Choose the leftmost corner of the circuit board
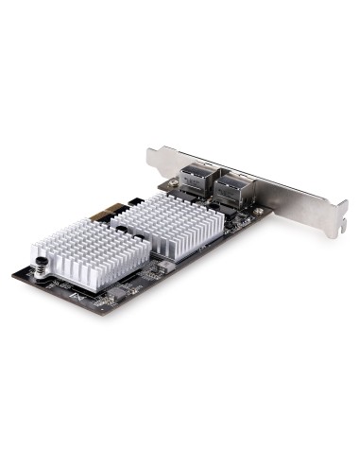15,274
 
